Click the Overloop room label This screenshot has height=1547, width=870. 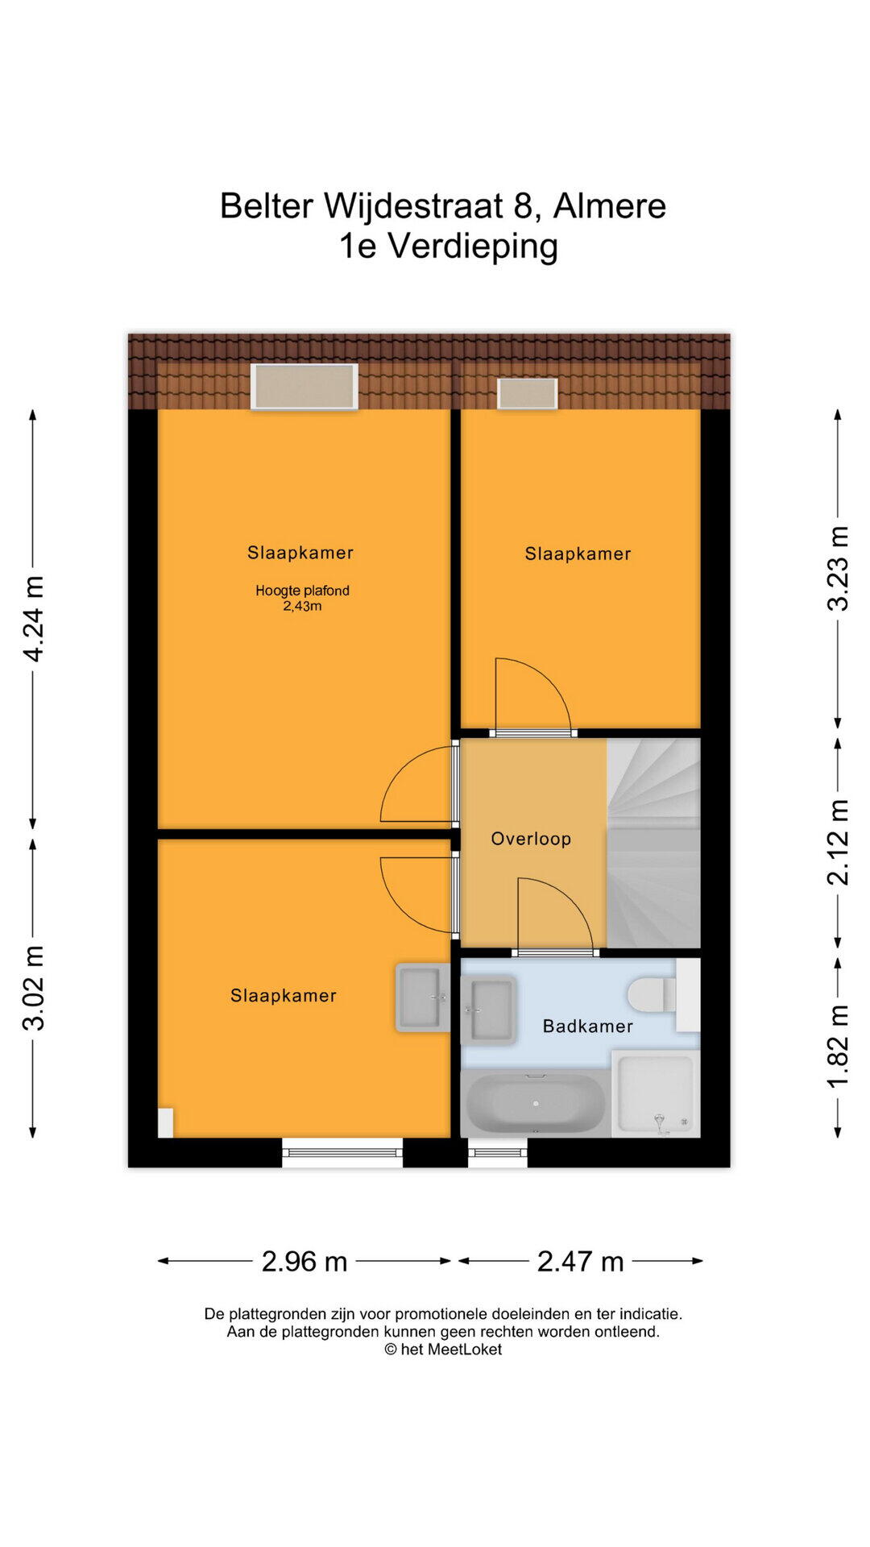pos(531,839)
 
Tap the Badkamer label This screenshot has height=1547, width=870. pos(588,1026)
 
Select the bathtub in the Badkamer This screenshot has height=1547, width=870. pos(536,1102)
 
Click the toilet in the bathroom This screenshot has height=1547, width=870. pos(652,995)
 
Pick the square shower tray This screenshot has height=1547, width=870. pos(656,1093)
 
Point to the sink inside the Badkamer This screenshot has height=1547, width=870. pos(488,1009)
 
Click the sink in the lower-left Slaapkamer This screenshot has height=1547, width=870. pos(423,997)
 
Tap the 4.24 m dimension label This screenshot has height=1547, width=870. pos(33,619)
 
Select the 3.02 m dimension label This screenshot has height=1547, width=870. pos(33,988)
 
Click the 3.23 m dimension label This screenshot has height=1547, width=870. pos(838,568)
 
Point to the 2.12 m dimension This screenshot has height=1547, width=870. pos(838,842)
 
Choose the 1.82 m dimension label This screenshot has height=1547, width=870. pos(838,1047)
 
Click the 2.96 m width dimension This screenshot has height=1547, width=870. pos(304,1261)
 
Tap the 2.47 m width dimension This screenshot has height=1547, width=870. pos(581,1261)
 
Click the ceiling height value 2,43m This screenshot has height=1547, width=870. pos(302,607)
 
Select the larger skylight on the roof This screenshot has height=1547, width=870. pos(304,387)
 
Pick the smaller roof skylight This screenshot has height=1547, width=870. pos(528,393)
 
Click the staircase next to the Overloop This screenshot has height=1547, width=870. pos(653,843)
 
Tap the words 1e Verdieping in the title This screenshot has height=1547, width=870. pos(448,246)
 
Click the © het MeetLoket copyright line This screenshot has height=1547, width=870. pos(443,1350)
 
